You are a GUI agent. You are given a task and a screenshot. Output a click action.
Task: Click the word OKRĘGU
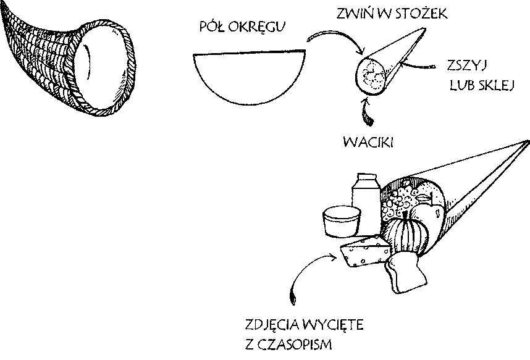(256, 27)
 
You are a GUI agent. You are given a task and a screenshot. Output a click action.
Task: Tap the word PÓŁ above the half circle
(212, 27)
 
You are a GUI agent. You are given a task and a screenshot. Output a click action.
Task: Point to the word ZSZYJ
(467, 65)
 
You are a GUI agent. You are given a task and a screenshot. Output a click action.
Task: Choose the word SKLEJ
(496, 85)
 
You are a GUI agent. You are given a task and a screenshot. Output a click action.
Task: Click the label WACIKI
(368, 142)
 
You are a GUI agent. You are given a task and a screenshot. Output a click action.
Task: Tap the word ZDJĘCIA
(272, 325)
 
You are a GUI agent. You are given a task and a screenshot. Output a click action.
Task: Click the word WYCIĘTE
(333, 325)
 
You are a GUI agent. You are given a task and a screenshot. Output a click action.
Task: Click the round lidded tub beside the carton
(342, 222)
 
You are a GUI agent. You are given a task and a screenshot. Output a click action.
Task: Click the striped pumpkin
(406, 233)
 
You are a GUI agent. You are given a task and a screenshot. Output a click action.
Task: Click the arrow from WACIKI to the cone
(366, 112)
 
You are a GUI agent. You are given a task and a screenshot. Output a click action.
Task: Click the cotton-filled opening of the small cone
(371, 75)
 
